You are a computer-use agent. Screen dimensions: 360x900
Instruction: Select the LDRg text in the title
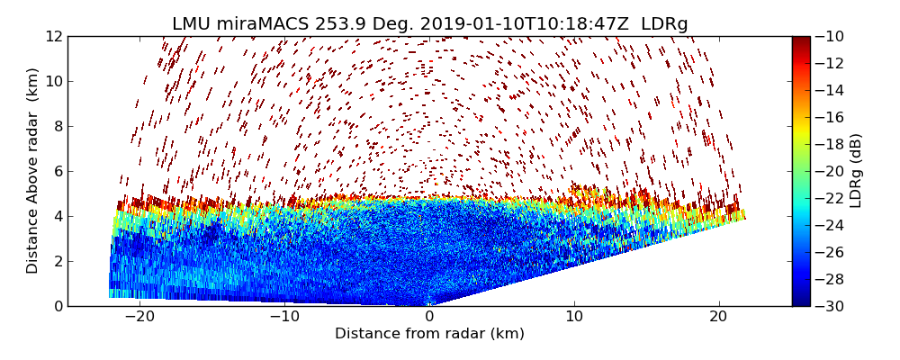tap(664, 24)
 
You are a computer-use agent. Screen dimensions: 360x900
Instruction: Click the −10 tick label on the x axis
tap(284, 317)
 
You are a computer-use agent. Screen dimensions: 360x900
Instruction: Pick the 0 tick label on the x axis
tap(429, 317)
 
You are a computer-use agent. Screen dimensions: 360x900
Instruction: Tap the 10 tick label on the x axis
tap(573, 317)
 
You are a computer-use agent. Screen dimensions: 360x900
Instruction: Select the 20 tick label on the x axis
tap(718, 317)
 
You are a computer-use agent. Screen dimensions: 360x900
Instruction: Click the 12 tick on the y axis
tap(54, 36)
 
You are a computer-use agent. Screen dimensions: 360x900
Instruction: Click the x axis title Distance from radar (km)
tap(429, 334)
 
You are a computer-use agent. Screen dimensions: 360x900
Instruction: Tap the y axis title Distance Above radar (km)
tap(33, 171)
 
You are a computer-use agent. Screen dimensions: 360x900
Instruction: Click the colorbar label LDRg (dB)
tap(856, 171)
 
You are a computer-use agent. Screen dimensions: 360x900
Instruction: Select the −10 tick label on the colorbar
tap(831, 36)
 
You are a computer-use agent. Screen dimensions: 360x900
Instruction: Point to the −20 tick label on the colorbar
tap(831, 171)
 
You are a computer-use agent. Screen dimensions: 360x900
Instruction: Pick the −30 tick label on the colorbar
tap(831, 306)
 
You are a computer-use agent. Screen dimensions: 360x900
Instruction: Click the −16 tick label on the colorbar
tap(831, 117)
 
